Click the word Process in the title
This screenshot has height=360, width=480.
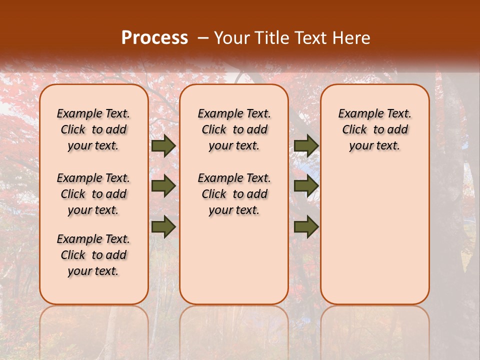tap(154, 37)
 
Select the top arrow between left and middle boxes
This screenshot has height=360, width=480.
tap(163, 146)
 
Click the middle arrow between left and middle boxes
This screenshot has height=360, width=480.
tap(163, 186)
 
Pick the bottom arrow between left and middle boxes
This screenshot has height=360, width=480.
tap(163, 226)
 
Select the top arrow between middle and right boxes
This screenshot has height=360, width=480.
tap(306, 146)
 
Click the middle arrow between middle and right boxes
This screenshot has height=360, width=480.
tap(306, 186)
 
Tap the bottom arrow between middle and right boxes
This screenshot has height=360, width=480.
tap(306, 226)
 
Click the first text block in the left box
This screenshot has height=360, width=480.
tap(93, 129)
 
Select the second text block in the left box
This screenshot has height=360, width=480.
tap(93, 194)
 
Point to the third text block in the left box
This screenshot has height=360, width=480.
tap(93, 255)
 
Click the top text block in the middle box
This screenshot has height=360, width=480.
tap(234, 129)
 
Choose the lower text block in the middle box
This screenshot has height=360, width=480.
tap(234, 194)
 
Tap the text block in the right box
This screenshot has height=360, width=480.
tap(374, 129)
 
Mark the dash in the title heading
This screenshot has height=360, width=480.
tap(203, 38)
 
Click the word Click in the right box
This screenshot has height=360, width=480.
tap(354, 130)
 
